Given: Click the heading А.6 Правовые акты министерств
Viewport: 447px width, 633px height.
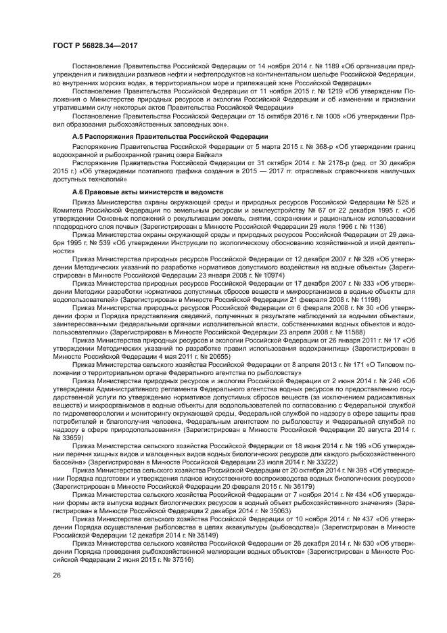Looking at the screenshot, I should [x=143, y=192].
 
